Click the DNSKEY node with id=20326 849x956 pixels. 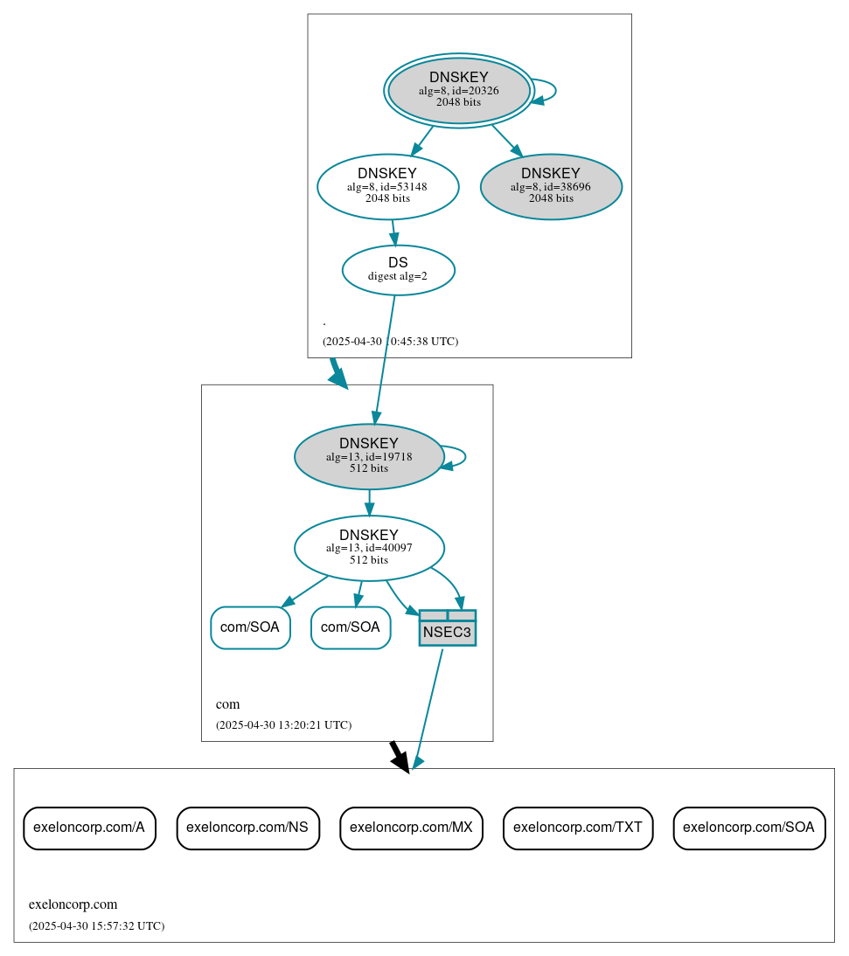coord(459,90)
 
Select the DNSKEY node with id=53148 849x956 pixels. coord(387,186)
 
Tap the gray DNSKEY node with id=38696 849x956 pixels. coord(551,186)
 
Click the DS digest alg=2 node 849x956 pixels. coord(398,269)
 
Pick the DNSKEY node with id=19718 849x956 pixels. coord(369,456)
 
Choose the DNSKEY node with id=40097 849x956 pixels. coord(369,548)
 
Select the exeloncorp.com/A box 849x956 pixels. coord(89,828)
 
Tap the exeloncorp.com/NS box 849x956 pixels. coord(247,828)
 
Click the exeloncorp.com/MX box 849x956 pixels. coord(411,828)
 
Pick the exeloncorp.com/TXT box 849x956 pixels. coord(578,828)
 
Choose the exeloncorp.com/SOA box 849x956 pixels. coord(748,828)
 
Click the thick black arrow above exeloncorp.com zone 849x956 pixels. coord(399,756)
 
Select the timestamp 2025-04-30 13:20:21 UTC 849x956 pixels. coord(283,725)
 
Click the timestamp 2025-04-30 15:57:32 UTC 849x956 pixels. coord(96,925)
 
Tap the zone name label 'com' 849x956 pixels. coord(227,704)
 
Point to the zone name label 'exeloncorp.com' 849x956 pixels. coord(73,904)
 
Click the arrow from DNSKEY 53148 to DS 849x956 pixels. coord(393,232)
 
